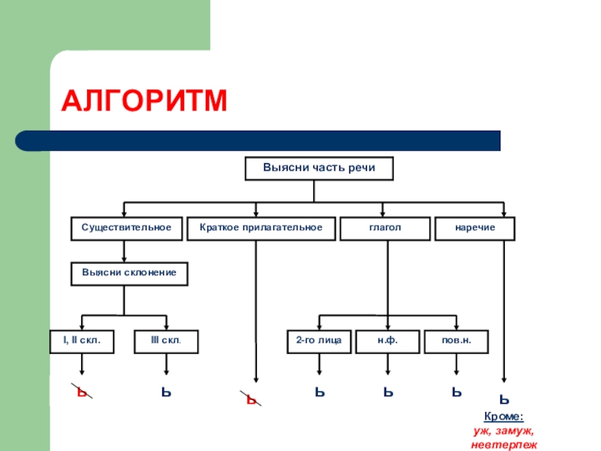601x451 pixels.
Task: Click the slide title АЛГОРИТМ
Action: coord(143,100)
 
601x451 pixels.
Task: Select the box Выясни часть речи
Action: coord(318,169)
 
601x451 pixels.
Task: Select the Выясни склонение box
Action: coord(129,274)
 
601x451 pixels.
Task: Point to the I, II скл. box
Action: coord(81,341)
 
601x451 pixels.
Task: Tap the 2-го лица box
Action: coord(319,341)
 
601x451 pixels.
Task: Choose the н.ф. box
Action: coord(387,341)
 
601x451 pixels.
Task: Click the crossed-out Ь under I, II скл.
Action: coord(81,392)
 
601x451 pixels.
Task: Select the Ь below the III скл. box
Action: coord(166,392)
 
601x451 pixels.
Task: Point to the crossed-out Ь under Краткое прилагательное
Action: coord(252,399)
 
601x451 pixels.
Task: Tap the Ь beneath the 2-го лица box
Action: coord(319,392)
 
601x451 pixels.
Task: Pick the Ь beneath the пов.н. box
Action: coord(456,392)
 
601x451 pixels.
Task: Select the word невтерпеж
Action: coord(503,445)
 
